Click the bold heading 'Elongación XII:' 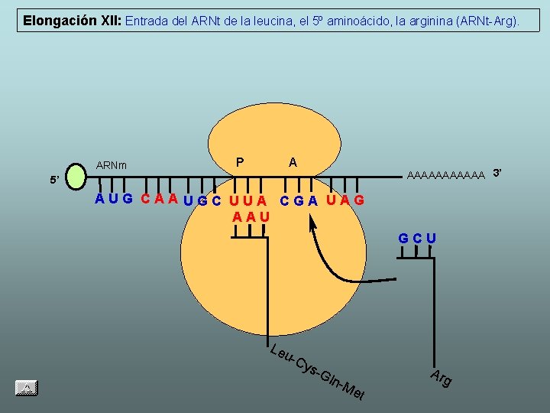coord(71,21)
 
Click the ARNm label coord(112,165)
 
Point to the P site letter coord(241,161)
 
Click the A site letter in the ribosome coord(293,161)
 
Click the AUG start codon coord(113,200)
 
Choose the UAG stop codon coord(345,200)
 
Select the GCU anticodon coord(417,238)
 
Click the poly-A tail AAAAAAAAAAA coord(447,175)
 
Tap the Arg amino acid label coord(441,376)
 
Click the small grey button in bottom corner coord(26,388)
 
